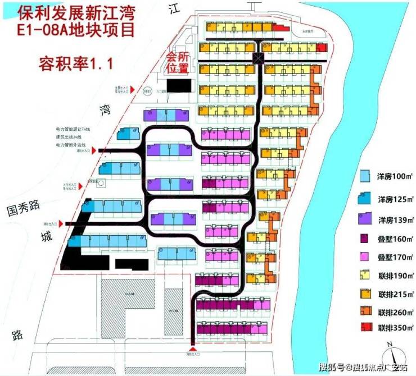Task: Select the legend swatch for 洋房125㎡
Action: pos(364,198)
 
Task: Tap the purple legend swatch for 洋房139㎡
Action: pos(364,218)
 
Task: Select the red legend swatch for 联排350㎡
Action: pos(364,328)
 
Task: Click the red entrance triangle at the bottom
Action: pos(193,350)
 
